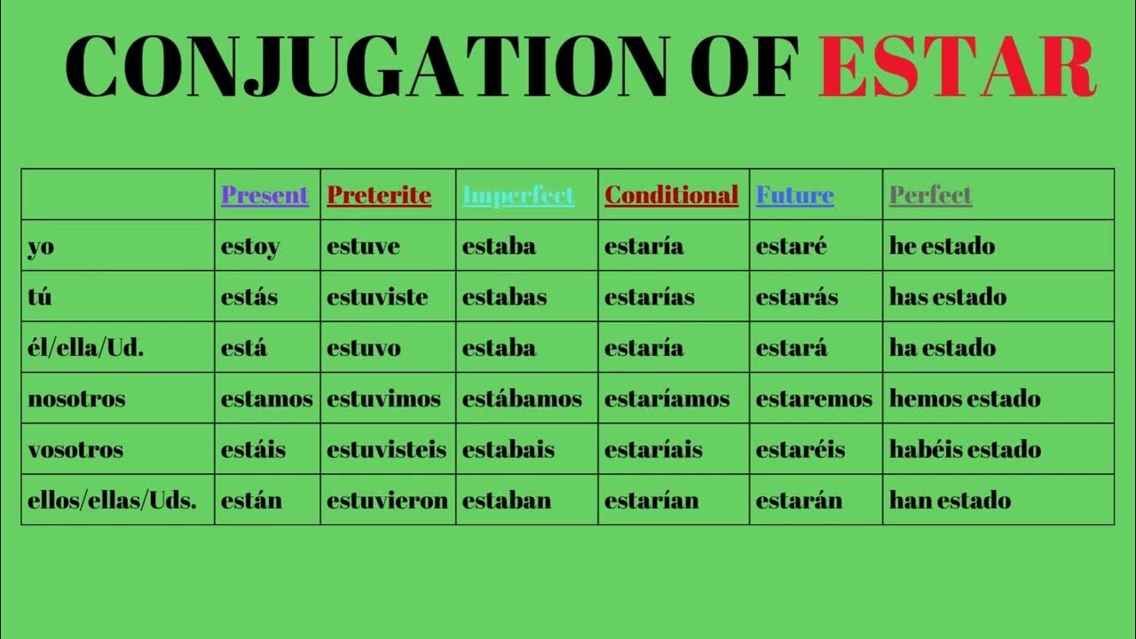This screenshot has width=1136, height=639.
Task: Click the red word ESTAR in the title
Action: click(957, 67)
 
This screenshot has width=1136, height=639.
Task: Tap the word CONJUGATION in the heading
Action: click(366, 67)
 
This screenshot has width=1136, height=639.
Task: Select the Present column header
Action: click(264, 195)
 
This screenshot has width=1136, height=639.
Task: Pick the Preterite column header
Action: click(379, 195)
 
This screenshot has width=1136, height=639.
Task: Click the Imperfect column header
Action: click(518, 195)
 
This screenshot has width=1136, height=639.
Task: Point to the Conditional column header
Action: click(671, 195)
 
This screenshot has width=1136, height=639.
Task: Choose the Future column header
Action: click(794, 195)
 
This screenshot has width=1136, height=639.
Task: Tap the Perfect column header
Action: click(930, 195)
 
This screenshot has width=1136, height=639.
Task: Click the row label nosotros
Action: click(76, 398)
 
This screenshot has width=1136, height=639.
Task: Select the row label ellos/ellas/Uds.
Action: click(113, 501)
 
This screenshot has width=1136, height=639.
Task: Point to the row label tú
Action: click(40, 296)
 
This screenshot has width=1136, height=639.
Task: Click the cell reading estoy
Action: click(250, 246)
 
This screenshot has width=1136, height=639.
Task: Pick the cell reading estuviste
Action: click(377, 296)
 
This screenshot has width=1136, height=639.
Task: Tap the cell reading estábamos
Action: click(522, 398)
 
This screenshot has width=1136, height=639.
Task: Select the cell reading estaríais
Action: click(653, 449)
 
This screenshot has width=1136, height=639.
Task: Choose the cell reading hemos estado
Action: click(965, 398)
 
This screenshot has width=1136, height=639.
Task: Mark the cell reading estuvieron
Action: click(387, 501)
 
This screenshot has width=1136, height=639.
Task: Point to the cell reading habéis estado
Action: click(965, 449)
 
